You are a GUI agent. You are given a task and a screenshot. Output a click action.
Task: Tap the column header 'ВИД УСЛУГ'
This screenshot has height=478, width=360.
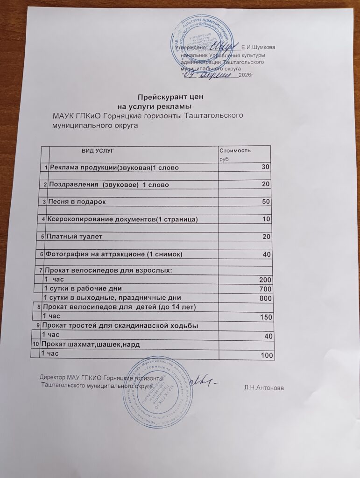click(98, 151)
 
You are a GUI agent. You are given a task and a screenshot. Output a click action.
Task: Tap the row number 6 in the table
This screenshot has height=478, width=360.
click(43, 254)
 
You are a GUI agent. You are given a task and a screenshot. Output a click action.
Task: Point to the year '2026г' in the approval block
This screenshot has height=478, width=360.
click(245, 75)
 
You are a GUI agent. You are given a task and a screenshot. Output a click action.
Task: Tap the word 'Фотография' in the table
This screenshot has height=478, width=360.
click(69, 254)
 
